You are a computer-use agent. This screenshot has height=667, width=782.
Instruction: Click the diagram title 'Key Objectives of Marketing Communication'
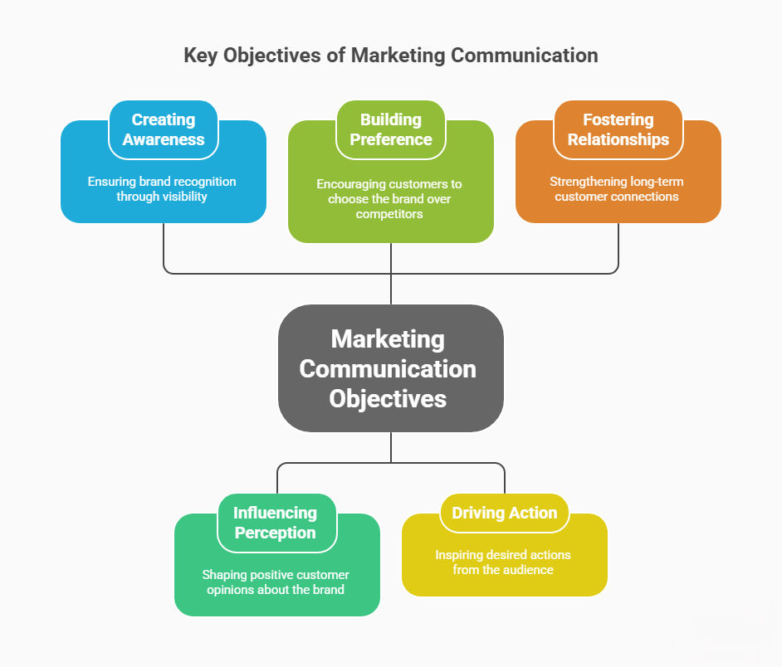390,56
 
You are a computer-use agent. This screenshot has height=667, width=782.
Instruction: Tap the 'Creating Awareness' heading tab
164,129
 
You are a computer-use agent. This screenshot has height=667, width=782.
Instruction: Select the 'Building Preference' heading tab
391,129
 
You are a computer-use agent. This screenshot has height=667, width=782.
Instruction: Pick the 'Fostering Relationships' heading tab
618,129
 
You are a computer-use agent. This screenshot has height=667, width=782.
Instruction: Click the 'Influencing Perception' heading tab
276,523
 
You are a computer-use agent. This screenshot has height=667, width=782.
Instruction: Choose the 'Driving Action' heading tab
505,513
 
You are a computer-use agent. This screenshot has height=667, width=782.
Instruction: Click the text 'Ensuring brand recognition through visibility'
164,189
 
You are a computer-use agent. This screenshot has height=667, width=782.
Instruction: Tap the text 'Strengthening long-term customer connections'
617,189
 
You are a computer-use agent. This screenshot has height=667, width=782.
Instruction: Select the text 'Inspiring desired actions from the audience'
503,562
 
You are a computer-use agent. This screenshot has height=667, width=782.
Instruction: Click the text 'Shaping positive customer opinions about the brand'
276,582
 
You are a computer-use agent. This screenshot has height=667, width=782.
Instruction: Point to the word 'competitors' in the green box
390,214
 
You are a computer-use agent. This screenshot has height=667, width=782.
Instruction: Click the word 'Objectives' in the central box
388,398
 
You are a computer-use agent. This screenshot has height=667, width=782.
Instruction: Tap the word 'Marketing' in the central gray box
388,339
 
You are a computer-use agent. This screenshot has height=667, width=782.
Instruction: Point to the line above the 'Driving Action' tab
505,479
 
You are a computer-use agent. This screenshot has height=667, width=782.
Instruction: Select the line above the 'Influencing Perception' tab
276,479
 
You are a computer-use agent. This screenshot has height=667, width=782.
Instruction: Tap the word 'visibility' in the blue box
186,197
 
